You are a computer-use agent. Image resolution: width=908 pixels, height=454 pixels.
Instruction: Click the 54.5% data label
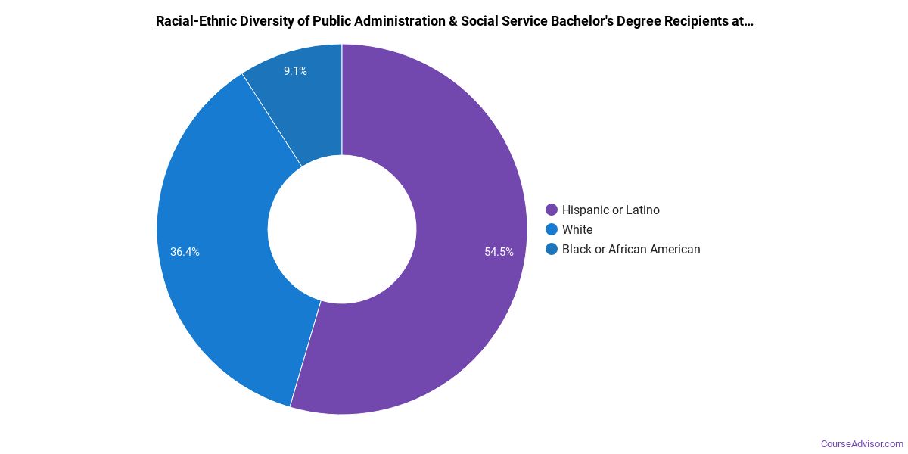(x=499, y=252)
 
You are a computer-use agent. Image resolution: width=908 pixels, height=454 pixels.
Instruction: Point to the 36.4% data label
(x=185, y=252)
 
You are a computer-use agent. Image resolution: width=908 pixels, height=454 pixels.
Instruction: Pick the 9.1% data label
(x=295, y=71)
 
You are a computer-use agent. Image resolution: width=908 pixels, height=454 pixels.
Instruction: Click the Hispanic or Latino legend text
(x=611, y=210)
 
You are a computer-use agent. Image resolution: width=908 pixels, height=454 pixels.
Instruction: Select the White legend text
(x=577, y=230)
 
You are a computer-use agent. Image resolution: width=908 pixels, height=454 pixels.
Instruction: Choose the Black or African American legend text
(x=631, y=250)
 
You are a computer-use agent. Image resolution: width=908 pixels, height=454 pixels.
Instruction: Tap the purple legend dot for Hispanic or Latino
(x=552, y=210)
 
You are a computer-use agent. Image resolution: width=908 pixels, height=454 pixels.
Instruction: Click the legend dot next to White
(x=552, y=230)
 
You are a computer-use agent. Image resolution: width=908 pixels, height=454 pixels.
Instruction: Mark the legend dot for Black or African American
(x=552, y=250)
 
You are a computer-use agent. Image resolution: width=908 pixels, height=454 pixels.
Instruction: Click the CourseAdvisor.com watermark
(x=862, y=443)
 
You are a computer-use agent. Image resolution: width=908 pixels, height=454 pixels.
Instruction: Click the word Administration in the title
(x=397, y=21)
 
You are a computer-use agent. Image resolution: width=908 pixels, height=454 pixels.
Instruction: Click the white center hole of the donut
(x=342, y=229)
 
